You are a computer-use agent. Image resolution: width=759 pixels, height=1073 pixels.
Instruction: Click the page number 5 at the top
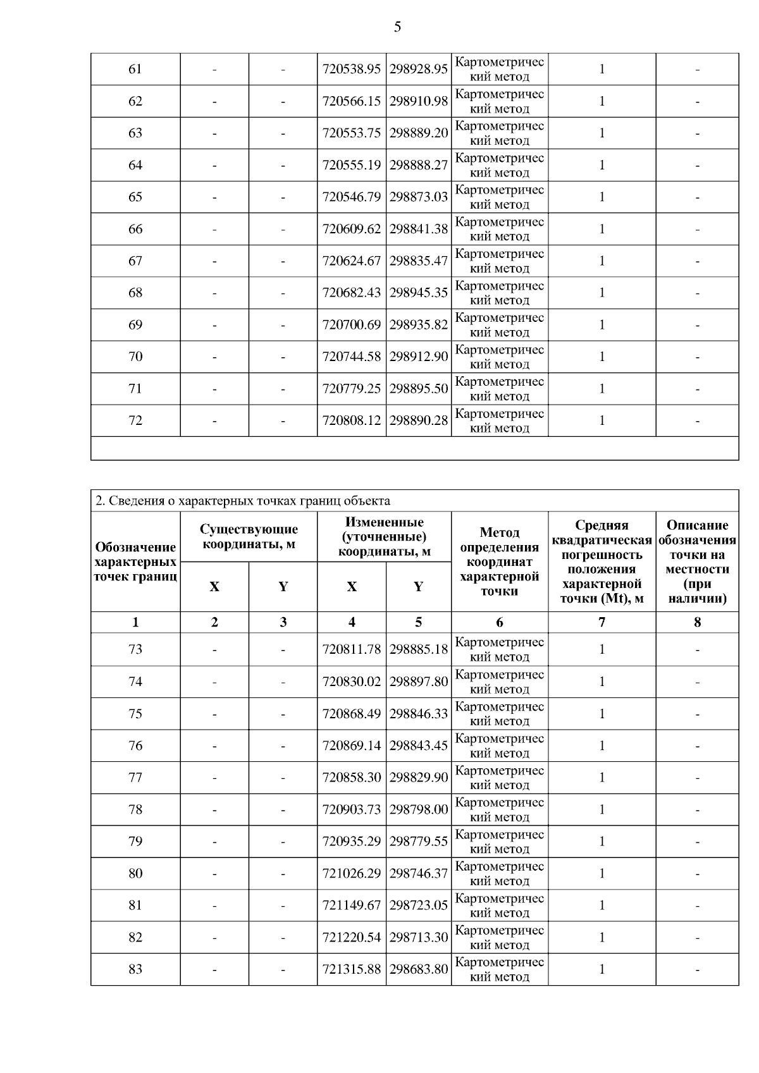(x=397, y=27)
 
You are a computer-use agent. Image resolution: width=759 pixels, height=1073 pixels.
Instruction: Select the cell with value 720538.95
(x=352, y=69)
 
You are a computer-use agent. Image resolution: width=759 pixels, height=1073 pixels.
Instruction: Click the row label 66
(x=135, y=229)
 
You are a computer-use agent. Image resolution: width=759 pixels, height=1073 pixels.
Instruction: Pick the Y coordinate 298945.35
(x=418, y=293)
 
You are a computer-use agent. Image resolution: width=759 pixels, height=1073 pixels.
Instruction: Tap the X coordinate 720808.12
(x=352, y=420)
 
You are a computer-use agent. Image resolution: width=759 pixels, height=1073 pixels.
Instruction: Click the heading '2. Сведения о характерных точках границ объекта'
(x=242, y=501)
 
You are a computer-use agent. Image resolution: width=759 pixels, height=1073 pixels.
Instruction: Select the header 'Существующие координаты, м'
(x=249, y=536)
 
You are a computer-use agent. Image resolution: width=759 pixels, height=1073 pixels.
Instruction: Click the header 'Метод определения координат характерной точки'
(x=499, y=561)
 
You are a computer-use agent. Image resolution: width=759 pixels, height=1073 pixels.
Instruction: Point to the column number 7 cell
(x=602, y=622)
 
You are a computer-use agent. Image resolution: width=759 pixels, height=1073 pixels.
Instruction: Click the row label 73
(x=135, y=649)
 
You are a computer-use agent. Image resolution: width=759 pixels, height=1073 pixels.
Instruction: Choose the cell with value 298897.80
(x=418, y=682)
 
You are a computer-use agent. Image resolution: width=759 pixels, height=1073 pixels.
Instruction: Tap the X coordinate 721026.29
(x=352, y=873)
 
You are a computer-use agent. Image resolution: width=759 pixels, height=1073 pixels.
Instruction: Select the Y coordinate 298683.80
(x=418, y=969)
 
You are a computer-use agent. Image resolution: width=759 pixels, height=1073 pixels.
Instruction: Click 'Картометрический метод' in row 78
(x=499, y=809)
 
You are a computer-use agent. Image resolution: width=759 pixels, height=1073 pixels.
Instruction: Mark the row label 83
(x=135, y=969)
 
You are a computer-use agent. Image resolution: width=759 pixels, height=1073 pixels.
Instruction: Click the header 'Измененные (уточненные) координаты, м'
(x=384, y=536)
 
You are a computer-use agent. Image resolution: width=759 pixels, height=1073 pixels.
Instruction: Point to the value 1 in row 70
(x=602, y=357)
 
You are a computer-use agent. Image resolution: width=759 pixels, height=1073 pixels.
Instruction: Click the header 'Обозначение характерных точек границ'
(x=135, y=561)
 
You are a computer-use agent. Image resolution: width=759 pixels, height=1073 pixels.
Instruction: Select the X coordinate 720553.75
(x=352, y=133)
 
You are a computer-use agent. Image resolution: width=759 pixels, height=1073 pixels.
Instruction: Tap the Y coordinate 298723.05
(x=418, y=905)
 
